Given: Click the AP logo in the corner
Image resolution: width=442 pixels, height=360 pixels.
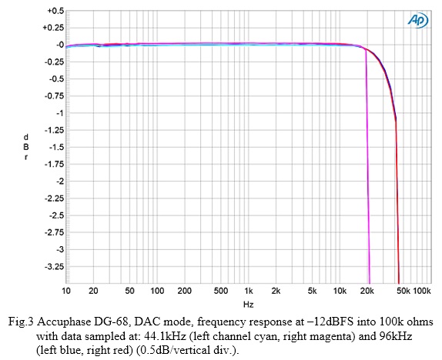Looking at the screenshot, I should [x=419, y=19].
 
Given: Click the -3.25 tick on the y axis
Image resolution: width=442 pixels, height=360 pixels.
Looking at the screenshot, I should [x=53, y=266].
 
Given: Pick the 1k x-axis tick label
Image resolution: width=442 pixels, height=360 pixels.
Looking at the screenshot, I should [x=249, y=292].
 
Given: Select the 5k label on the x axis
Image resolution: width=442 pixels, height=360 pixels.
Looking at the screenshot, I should [x=312, y=292].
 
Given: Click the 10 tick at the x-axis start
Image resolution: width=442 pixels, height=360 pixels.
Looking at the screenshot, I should [x=66, y=292].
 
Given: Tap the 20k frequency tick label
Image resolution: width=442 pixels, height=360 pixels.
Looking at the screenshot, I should [x=367, y=292].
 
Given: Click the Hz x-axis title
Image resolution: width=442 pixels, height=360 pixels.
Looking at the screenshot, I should [x=249, y=305].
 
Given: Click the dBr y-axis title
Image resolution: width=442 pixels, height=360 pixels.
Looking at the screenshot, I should [x=26, y=147].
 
